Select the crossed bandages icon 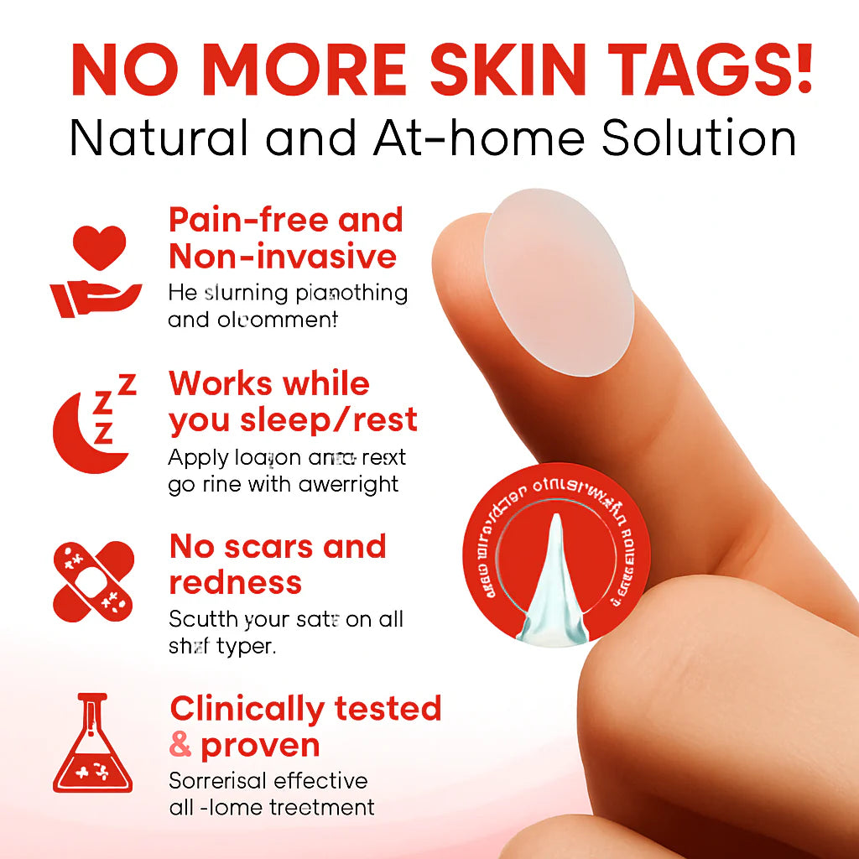click(x=92, y=580)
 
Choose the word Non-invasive click(x=283, y=256)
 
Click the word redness click(x=235, y=582)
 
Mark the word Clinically click(x=247, y=710)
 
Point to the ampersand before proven click(x=180, y=745)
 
